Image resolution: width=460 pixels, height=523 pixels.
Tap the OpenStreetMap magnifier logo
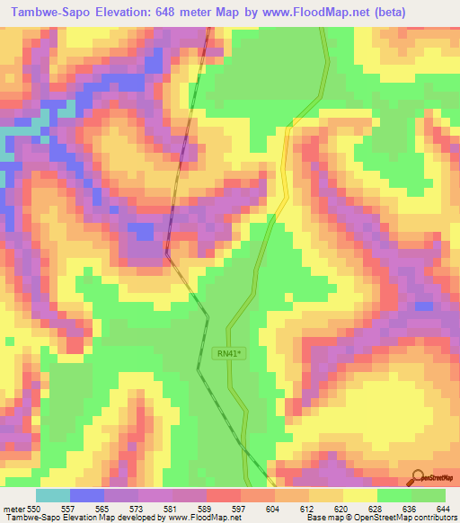coord(418,477)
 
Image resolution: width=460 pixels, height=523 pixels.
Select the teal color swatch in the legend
coord(53,495)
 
